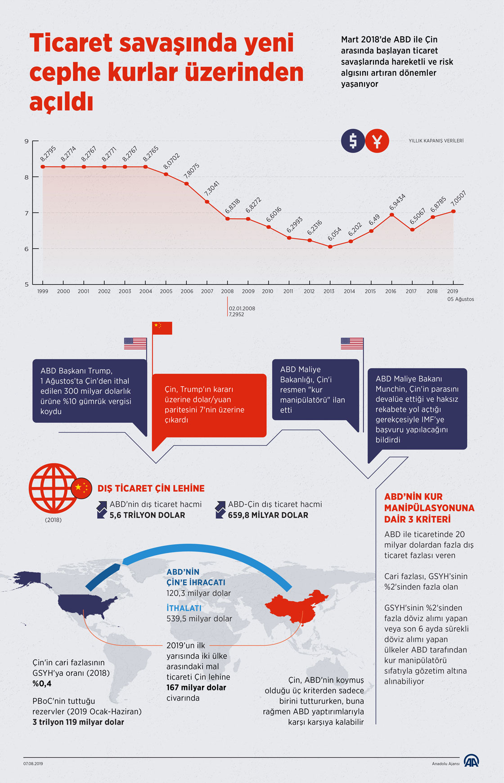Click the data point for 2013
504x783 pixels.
(x=330, y=247)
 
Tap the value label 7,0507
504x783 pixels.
(x=458, y=198)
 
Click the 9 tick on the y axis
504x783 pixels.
(x=27, y=141)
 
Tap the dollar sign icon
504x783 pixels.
(x=353, y=141)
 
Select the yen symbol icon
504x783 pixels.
(x=377, y=141)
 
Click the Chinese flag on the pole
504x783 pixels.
(x=162, y=328)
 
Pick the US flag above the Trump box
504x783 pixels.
(x=135, y=343)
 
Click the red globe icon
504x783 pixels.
(x=53, y=488)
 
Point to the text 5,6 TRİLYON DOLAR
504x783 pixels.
(x=147, y=515)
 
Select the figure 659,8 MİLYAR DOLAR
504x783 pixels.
(x=268, y=515)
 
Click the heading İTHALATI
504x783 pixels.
(x=184, y=608)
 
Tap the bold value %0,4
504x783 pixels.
(x=42, y=684)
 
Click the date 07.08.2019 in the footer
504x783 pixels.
(x=33, y=764)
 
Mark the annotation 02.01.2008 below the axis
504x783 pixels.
(x=242, y=309)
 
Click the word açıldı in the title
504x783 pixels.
(x=61, y=103)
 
